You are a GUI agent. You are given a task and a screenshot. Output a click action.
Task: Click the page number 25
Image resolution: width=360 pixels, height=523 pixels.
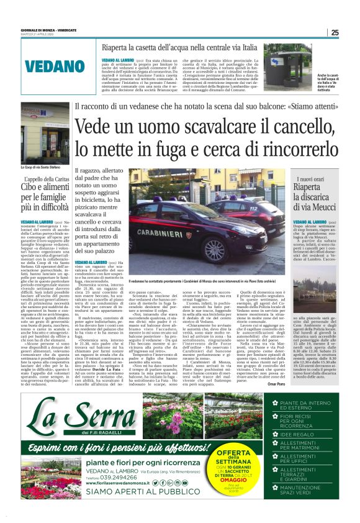(x=335, y=33)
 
